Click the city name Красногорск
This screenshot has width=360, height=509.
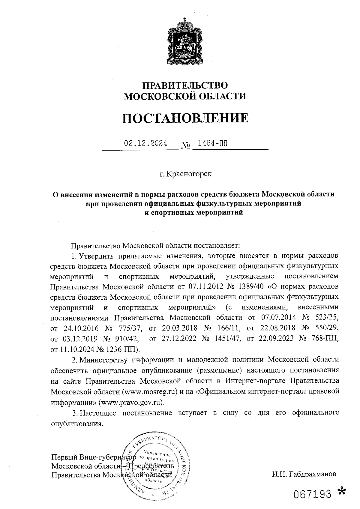tap(189, 174)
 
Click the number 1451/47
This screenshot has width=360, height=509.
tap(226, 339)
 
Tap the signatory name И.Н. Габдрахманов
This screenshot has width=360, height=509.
tap(304, 474)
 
